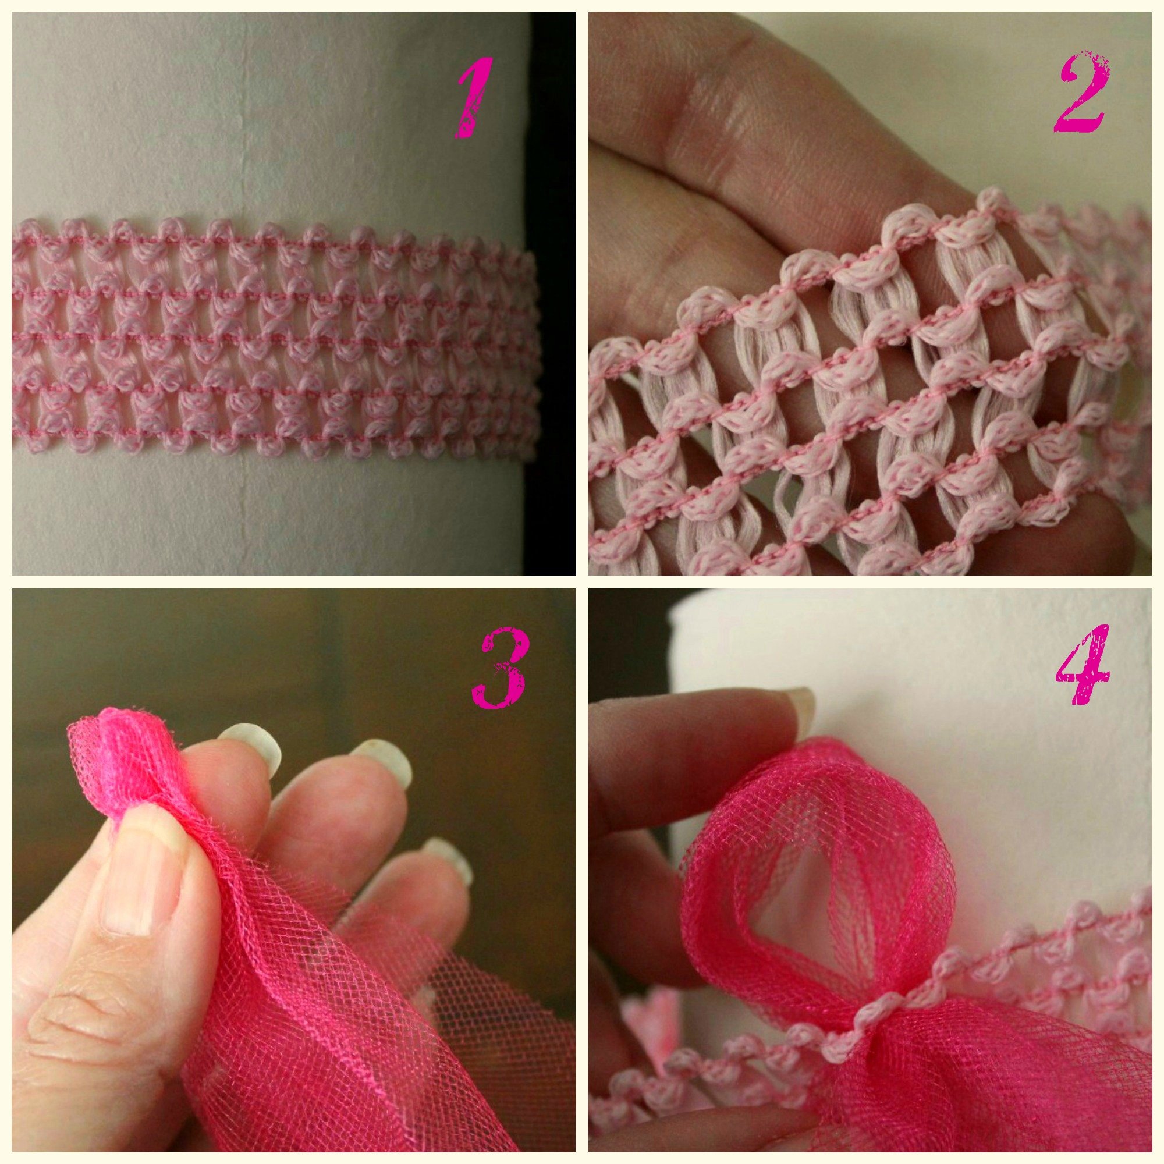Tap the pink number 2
(1078, 93)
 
